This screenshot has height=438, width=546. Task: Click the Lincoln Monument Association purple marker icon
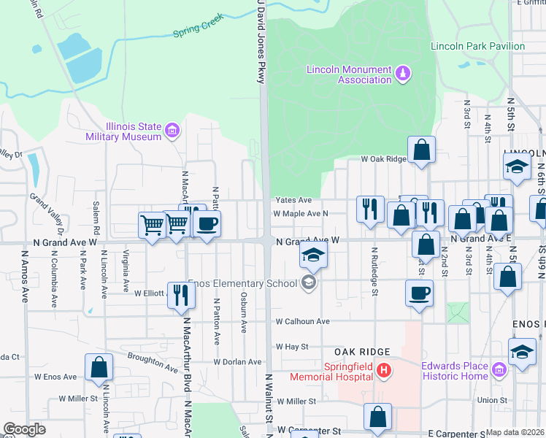coord(402,73)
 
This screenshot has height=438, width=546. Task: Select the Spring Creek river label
coord(197,33)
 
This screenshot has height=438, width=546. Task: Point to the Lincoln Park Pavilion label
coord(477,46)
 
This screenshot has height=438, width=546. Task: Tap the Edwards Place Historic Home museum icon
coord(499,371)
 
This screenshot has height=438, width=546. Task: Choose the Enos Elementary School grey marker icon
coord(309,283)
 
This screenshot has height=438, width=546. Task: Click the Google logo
coord(24,429)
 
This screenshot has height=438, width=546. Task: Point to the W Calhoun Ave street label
coord(302,321)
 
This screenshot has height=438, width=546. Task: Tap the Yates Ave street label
coord(293,200)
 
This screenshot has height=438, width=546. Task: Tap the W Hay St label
coord(292,347)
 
